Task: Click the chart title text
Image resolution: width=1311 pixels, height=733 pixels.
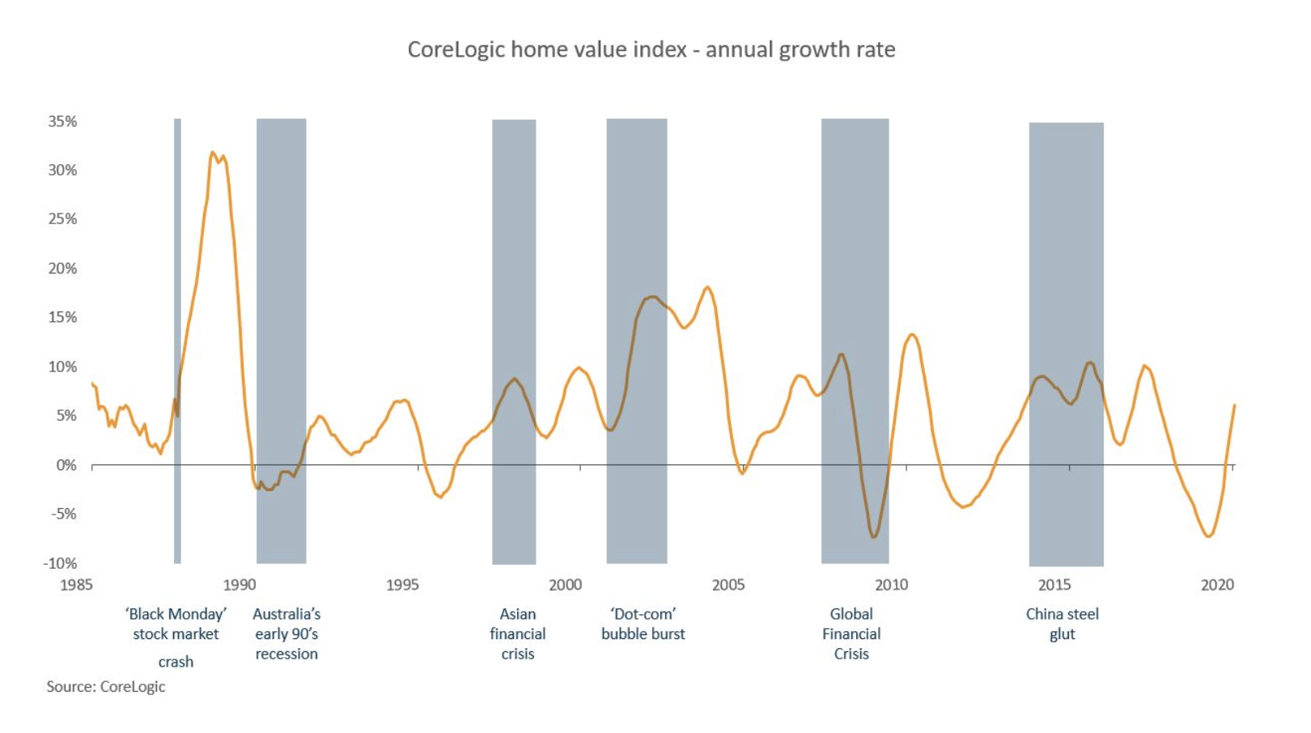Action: click(x=651, y=49)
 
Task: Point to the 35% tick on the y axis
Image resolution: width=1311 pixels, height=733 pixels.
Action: click(x=62, y=121)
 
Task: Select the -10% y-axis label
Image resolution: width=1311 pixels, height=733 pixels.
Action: click(x=60, y=563)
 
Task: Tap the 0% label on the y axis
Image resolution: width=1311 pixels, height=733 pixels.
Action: click(x=66, y=465)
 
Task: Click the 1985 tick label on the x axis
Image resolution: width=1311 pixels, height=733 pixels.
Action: click(x=76, y=585)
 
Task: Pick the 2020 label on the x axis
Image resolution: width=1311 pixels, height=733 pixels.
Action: click(x=1217, y=585)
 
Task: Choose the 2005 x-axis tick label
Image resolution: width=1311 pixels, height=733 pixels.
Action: click(x=728, y=585)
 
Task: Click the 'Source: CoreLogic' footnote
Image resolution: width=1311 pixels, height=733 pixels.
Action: click(x=105, y=687)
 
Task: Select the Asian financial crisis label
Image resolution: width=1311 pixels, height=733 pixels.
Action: click(x=518, y=634)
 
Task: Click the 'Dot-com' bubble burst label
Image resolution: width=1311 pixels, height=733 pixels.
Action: click(x=643, y=624)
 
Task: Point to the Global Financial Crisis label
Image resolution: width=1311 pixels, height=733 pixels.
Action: click(x=851, y=634)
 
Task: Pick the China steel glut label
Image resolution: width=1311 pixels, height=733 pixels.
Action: click(x=1062, y=624)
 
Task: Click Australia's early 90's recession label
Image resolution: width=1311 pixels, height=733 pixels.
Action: click(x=286, y=634)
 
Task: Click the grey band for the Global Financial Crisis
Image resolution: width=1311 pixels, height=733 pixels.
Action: click(x=855, y=243)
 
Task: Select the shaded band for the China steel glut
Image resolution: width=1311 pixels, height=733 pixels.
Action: click(x=1066, y=243)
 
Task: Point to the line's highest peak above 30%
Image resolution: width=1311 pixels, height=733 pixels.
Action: click(x=213, y=152)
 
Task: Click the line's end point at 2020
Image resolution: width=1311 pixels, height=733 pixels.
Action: click(x=1234, y=405)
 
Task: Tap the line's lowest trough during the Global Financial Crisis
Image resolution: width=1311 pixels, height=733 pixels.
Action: click(x=873, y=537)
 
